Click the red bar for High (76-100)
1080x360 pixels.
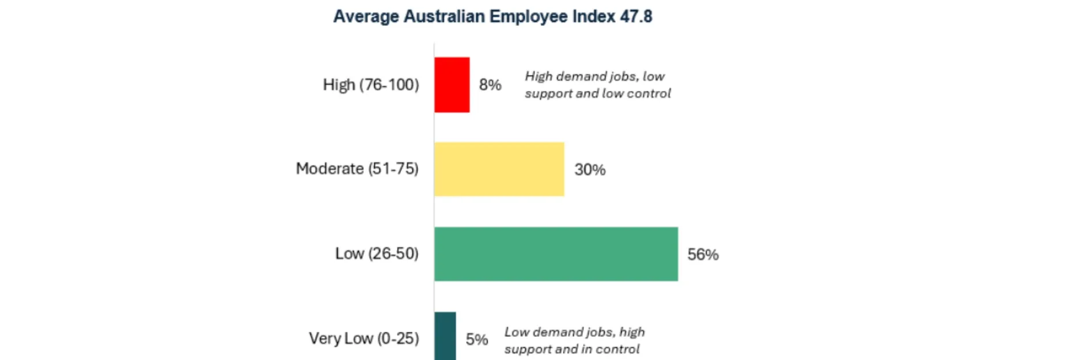pyautogui.click(x=452, y=85)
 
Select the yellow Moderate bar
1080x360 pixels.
pyautogui.click(x=499, y=169)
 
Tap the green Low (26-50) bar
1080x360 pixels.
pyautogui.click(x=556, y=254)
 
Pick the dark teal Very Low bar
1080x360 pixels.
pyautogui.click(x=445, y=336)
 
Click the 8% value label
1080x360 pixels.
pyautogui.click(x=490, y=85)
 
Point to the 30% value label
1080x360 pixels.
pyautogui.click(x=590, y=170)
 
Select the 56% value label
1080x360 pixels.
pyautogui.click(x=703, y=255)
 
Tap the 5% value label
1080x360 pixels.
pyautogui.click(x=477, y=340)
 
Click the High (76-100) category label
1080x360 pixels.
pyautogui.click(x=371, y=85)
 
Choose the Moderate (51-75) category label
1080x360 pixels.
pyautogui.click(x=357, y=169)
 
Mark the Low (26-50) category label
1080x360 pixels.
pyautogui.click(x=377, y=253)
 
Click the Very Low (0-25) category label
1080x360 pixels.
pyautogui.click(x=364, y=338)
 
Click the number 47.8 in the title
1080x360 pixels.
pyautogui.click(x=636, y=16)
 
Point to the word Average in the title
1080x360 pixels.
pyautogui.click(x=366, y=16)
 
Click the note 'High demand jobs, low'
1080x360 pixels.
pyautogui.click(x=594, y=77)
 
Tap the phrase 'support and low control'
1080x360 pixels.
pyautogui.click(x=598, y=93)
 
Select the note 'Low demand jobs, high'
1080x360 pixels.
pyautogui.click(x=574, y=332)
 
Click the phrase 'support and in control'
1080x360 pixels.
pyautogui.click(x=572, y=349)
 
